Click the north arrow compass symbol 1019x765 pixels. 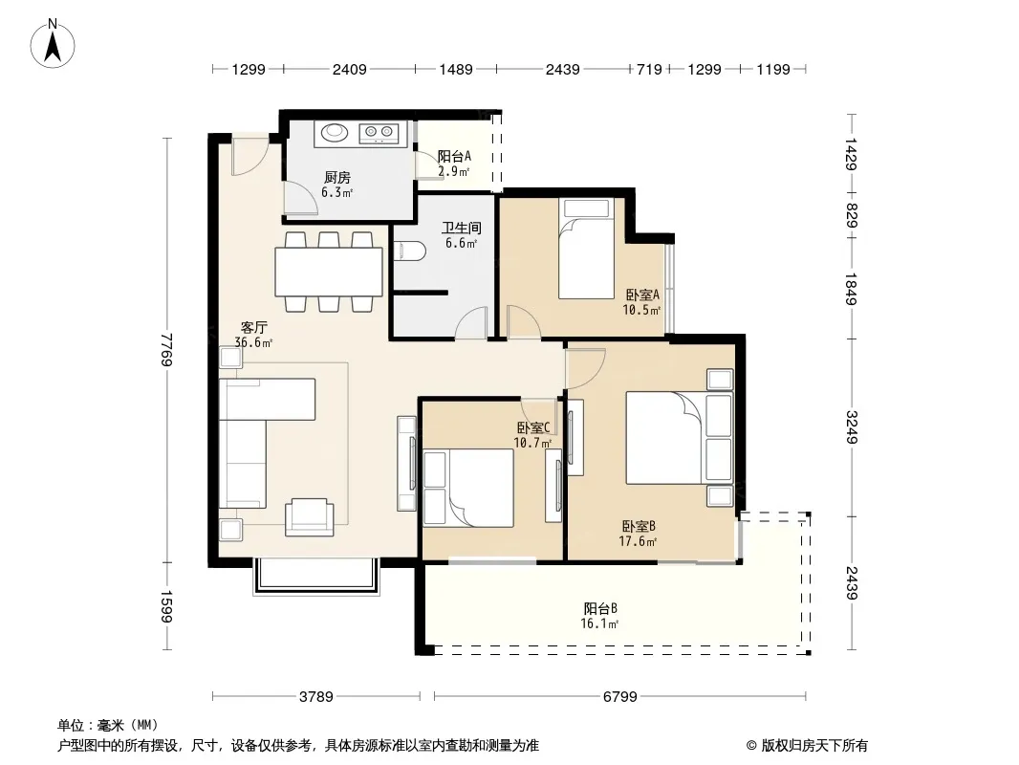click(x=53, y=44)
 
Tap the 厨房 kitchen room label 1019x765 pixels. click(x=337, y=178)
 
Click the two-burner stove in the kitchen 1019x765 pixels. click(x=379, y=133)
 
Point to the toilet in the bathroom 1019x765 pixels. click(x=409, y=251)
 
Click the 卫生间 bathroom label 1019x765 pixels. click(x=462, y=229)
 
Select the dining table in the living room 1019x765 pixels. click(x=329, y=272)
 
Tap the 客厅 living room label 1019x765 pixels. click(x=253, y=328)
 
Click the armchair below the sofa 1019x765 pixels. click(x=310, y=516)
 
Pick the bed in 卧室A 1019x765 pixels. click(x=586, y=249)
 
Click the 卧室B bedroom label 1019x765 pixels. click(x=639, y=527)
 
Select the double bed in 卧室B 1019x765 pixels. click(x=664, y=437)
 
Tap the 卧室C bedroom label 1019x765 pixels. click(x=533, y=427)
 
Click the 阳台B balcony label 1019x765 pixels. click(x=600, y=609)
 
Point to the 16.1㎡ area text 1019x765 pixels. click(x=599, y=624)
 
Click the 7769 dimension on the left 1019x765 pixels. click(x=167, y=350)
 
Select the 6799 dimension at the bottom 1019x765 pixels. click(x=620, y=697)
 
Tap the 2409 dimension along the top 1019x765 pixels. click(x=350, y=70)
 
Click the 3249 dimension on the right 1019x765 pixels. click(x=852, y=427)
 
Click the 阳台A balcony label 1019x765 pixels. click(x=454, y=157)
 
